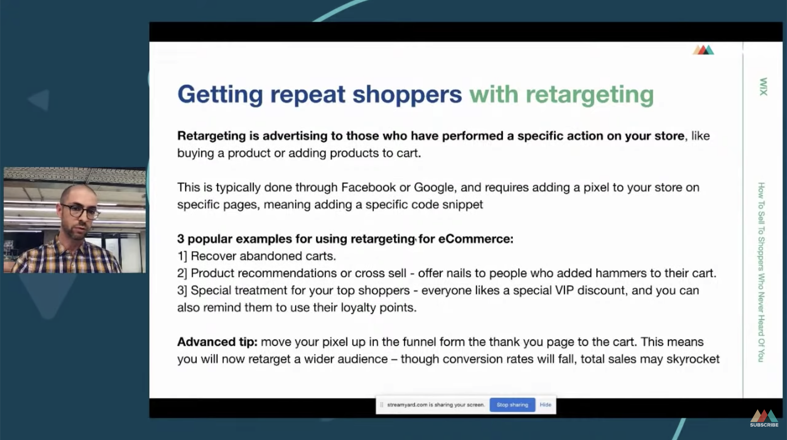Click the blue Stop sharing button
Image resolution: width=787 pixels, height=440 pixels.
512,405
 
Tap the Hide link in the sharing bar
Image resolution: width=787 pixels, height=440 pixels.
545,405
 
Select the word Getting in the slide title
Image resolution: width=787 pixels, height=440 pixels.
220,95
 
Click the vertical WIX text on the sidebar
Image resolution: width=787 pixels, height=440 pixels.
763,87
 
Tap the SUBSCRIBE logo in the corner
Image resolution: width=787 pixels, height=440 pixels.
764,418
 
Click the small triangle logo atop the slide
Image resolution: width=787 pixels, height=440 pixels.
703,50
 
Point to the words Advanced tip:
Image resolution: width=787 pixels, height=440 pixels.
217,342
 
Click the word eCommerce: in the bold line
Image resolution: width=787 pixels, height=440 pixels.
476,239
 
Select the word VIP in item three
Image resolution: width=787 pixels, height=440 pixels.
564,290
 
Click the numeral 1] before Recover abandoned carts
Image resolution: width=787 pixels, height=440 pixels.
182,256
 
